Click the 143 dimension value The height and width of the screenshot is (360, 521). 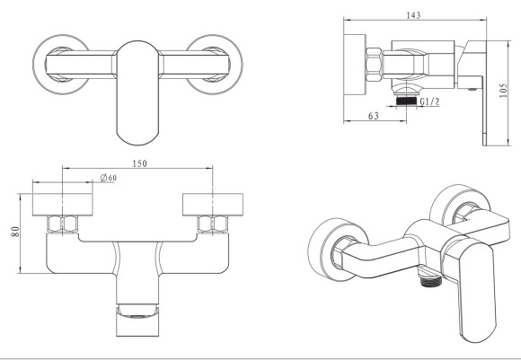[x=413, y=15]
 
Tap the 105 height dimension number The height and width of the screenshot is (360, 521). [x=503, y=91]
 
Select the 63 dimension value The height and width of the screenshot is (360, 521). [x=374, y=116]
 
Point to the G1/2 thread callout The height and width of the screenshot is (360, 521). [x=429, y=101]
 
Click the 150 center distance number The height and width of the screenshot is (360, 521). [x=139, y=163]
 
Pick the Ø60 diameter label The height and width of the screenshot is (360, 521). [x=109, y=178]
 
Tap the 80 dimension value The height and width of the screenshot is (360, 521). [x=15, y=232]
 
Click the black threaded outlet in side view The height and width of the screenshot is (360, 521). [x=406, y=101]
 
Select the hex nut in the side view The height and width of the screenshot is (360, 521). [x=375, y=65]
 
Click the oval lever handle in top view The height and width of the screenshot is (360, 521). [x=138, y=92]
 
